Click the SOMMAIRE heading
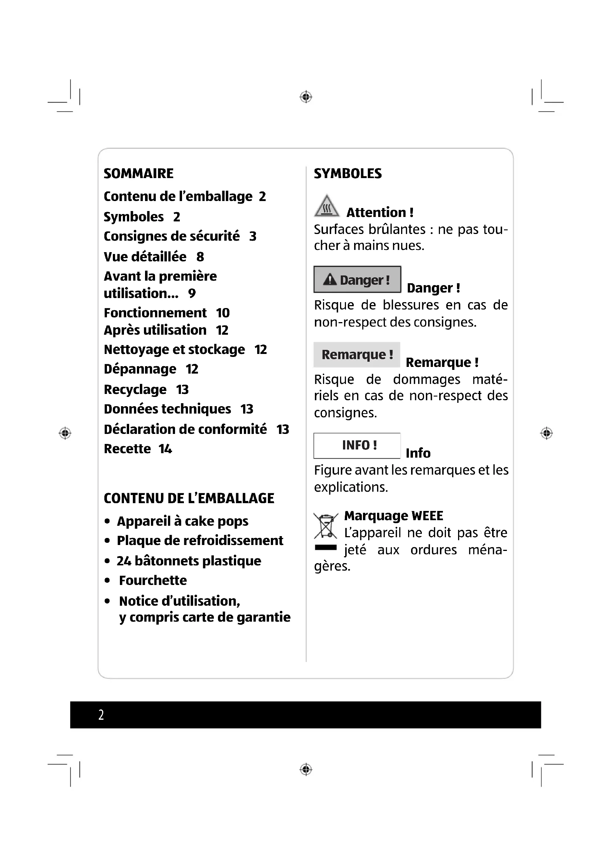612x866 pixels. coord(138,174)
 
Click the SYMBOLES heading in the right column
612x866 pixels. coord(347,174)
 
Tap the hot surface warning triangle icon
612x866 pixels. coord(326,206)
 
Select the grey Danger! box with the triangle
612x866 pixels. coord(357,280)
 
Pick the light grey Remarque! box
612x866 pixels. coord(356,355)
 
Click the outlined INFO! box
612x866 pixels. coord(357,445)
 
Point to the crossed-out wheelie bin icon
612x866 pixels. coord(326,525)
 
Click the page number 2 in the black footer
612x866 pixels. coord(101,715)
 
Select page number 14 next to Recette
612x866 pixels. coord(165,449)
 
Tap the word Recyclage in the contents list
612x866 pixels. coord(135,389)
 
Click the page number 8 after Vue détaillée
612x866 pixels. coord(200,257)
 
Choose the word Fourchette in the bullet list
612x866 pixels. coord(152,581)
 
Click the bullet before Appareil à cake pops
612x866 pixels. coord(107,521)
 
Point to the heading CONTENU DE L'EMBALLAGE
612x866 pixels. coord(189,498)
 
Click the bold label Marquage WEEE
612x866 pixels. coord(393,516)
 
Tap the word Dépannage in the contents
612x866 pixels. coord(140,369)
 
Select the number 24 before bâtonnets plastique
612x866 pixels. coord(124,561)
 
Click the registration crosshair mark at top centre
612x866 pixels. coord(306,97)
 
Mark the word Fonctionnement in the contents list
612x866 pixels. coord(155,313)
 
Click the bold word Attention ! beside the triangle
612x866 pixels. coord(380,213)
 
